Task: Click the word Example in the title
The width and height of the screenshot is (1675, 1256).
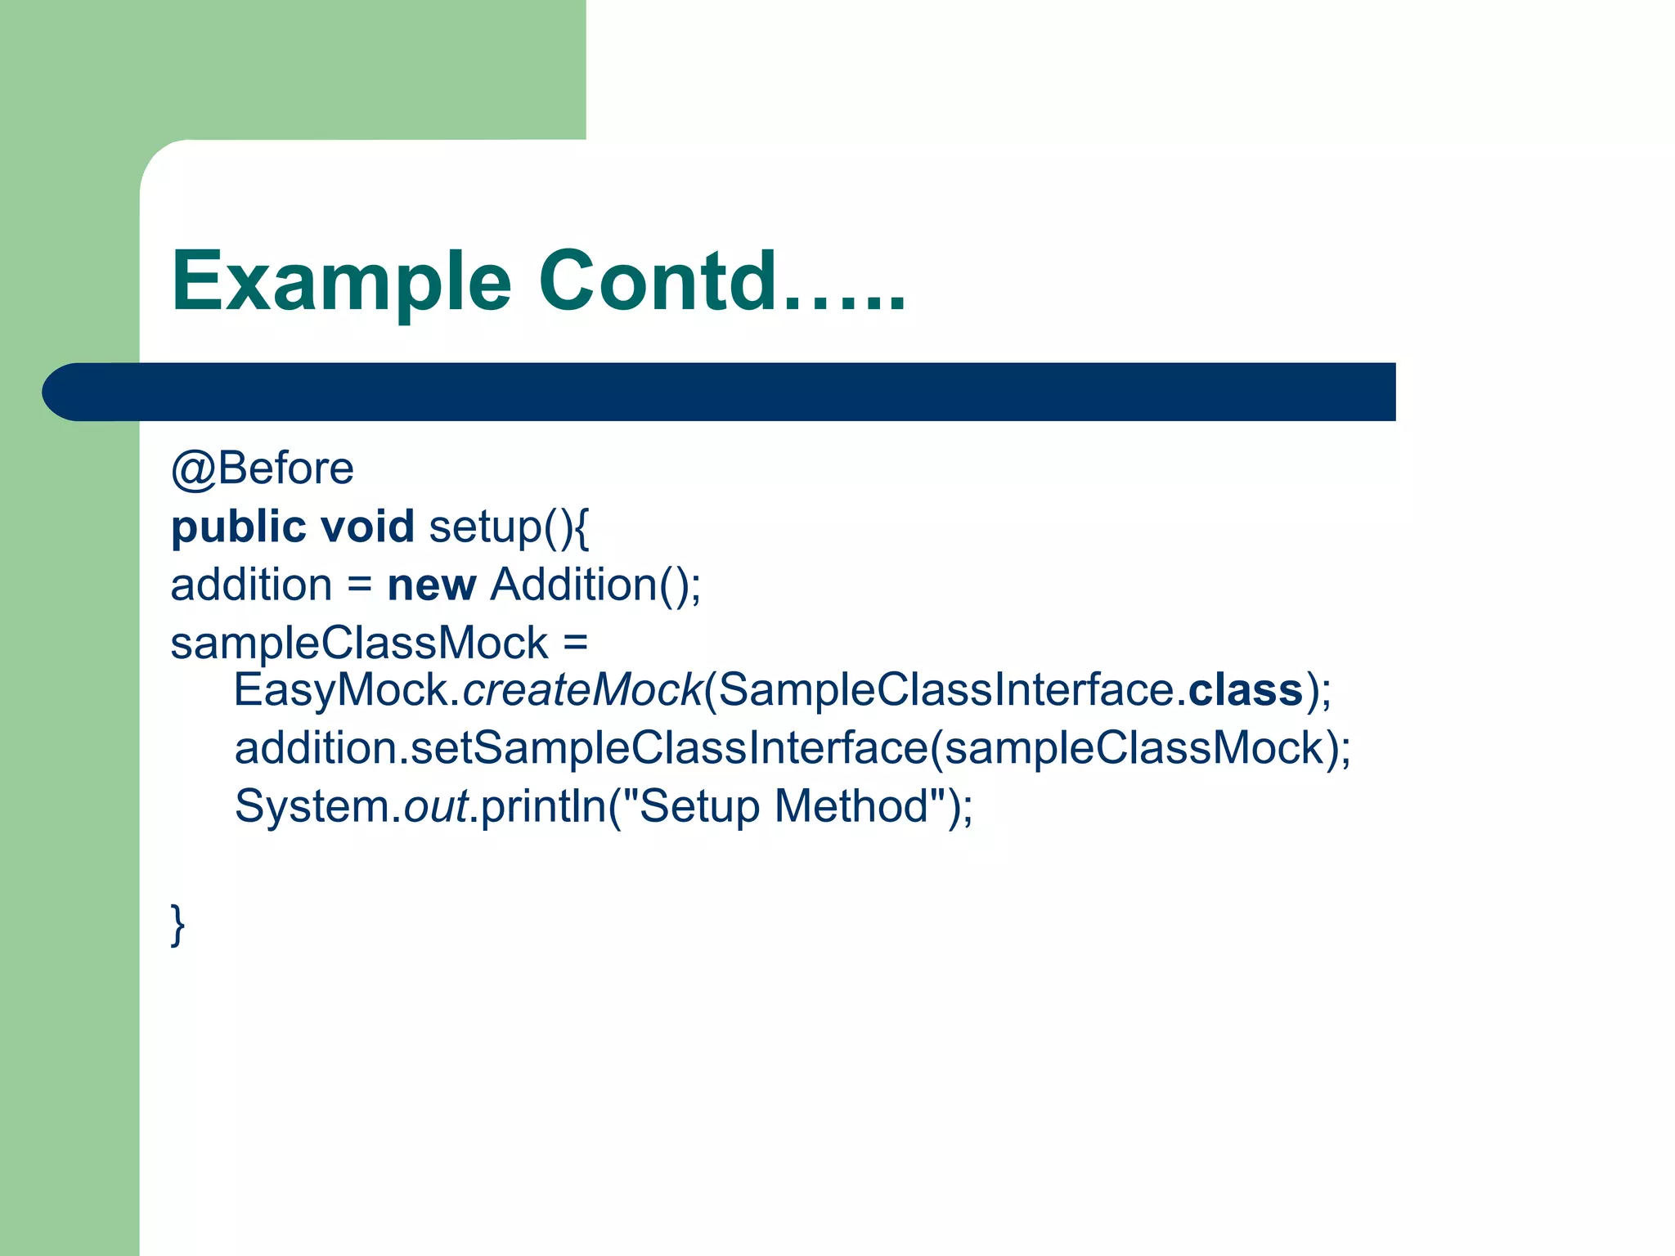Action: pos(341,282)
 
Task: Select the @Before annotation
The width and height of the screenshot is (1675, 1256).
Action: pos(262,469)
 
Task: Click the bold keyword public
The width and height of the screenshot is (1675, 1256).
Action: pos(238,527)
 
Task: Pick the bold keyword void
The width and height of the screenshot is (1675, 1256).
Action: pos(367,526)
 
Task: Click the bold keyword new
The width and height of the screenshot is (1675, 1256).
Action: pos(431,585)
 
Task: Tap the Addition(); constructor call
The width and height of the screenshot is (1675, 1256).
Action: pos(595,585)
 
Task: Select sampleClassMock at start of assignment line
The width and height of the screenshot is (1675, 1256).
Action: pos(358,644)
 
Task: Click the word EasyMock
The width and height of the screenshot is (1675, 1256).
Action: pos(341,690)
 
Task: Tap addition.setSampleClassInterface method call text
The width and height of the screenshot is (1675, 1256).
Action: pos(581,748)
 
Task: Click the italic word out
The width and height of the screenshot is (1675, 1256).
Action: pos(435,806)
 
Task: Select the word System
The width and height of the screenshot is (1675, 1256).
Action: pos(312,806)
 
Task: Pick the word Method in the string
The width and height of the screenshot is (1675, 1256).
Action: pos(851,806)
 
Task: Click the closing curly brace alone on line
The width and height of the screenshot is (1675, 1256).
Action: pos(177,925)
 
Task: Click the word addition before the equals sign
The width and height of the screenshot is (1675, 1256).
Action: pos(251,585)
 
